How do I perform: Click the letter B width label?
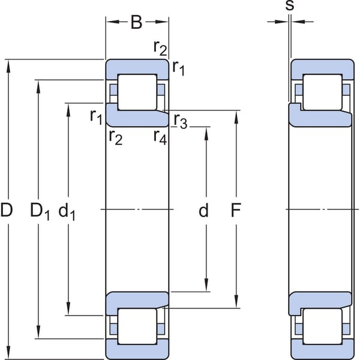(x=136, y=22)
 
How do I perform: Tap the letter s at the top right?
(x=290, y=5)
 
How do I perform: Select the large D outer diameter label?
(x=6, y=210)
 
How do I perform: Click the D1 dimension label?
(x=40, y=211)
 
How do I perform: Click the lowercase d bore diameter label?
(x=203, y=210)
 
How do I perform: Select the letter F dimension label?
(x=236, y=210)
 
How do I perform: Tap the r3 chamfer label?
(x=181, y=121)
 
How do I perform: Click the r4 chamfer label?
(x=160, y=137)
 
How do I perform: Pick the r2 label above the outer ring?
(x=160, y=48)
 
